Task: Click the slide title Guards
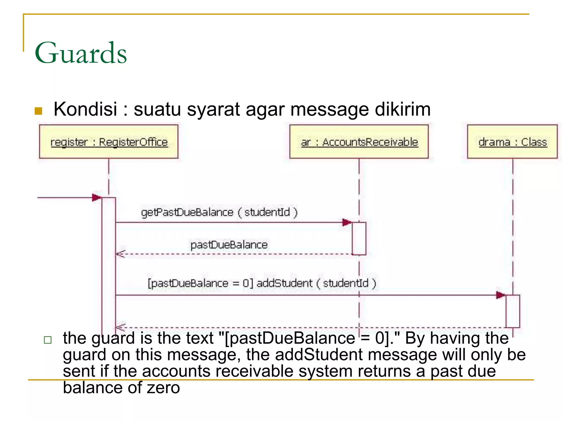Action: pos(81,53)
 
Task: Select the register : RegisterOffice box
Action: pos(109,142)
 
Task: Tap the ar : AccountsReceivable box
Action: pos(359,142)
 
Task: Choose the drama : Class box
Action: pos(512,142)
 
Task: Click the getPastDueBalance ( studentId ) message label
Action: pos(219,212)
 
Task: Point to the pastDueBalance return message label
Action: pos(229,245)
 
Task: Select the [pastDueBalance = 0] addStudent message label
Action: pos(262,283)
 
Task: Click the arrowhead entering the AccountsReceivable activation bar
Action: pos(347,222)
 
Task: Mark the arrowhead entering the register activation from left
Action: pos(97,197)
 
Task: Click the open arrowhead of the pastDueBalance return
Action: pos(120,254)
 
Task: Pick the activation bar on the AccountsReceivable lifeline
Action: pos(359,238)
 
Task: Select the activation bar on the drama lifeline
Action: pos(513,311)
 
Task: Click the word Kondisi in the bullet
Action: pos(85,109)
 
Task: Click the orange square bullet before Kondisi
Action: pos(38,111)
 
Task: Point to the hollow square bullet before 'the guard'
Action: pos(48,340)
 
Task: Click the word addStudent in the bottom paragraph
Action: pos(319,355)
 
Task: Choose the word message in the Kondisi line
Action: pos(329,109)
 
